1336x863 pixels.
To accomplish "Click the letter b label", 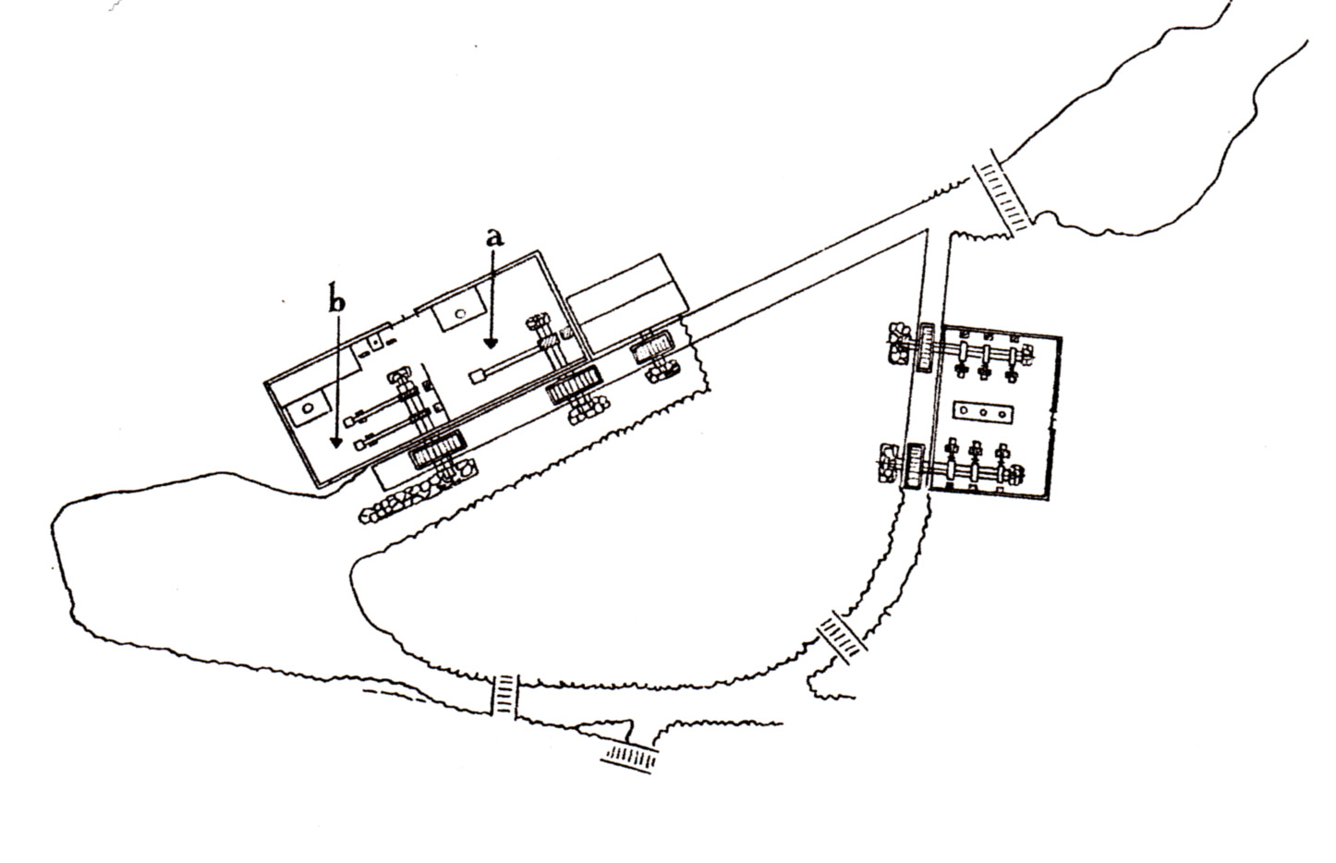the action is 337,301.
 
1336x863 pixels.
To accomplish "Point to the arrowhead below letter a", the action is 491,344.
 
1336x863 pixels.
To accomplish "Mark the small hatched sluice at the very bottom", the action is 631,757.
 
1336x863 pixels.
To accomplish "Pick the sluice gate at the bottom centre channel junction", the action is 505,694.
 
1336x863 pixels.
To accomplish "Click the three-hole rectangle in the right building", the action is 983,411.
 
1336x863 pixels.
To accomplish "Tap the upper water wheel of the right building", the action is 926,348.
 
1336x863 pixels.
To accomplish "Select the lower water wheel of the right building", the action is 915,467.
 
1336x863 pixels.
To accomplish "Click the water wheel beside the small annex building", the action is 653,346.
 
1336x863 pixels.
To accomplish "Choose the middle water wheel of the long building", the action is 574,385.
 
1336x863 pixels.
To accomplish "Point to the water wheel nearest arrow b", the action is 437,448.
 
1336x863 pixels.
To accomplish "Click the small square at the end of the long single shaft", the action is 476,377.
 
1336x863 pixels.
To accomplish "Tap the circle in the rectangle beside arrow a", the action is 460,313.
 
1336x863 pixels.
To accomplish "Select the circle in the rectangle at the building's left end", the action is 308,408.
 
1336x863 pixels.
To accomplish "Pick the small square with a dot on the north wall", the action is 375,343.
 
